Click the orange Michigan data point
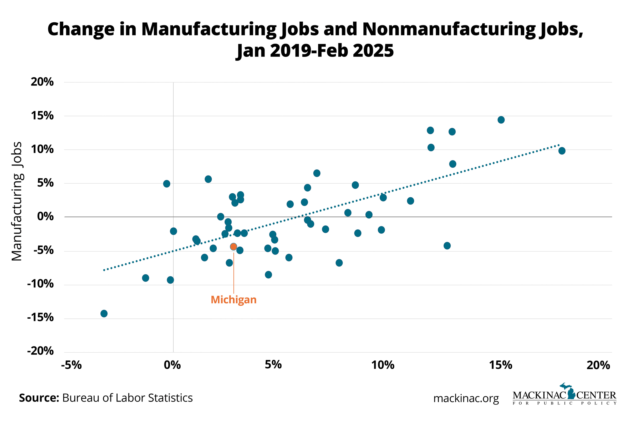pos(233,247)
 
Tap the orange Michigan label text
pos(233,300)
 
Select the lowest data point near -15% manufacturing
pos(104,313)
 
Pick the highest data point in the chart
pos(501,120)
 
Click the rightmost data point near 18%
pos(562,151)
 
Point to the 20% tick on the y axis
pos(42,82)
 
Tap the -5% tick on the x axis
pos(71,365)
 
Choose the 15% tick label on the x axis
pos(501,365)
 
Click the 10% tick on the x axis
pos(383,365)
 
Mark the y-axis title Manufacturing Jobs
pos(17,201)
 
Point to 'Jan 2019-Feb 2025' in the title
pos(315,51)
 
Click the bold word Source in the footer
pos(39,398)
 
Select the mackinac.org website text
pos(466,398)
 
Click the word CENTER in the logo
pos(596,395)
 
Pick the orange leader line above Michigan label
pos(233,273)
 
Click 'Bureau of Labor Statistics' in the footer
pos(128,398)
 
